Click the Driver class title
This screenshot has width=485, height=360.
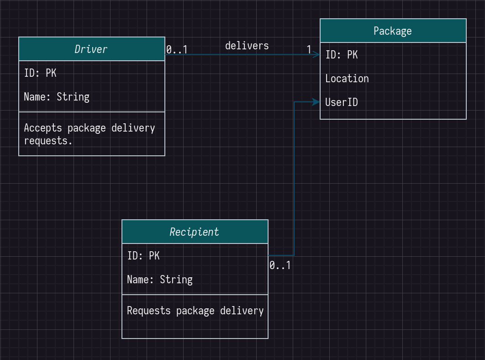point(91,49)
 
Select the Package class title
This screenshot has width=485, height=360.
point(392,31)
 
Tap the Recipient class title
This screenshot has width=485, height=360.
point(194,232)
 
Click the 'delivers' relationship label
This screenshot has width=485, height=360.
point(247,46)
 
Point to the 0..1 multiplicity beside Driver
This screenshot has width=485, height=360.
point(177,49)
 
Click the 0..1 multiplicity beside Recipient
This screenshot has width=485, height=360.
point(280,265)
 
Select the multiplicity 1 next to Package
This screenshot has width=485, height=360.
point(309,49)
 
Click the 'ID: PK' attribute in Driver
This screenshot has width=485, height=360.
point(40,73)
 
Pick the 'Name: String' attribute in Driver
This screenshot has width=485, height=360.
point(57,97)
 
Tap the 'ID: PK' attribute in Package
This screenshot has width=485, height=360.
point(342,55)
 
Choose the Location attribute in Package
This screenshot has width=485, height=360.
point(347,79)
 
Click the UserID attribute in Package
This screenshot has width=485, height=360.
point(342,102)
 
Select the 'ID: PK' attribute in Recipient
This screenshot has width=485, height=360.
point(143,256)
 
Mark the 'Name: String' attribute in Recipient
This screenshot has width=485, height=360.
point(160,280)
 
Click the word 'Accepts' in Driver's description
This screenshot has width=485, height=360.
point(43,128)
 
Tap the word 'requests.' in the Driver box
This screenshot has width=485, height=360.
point(48,141)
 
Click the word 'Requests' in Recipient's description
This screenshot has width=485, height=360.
point(149,311)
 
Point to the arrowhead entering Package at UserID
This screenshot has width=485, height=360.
point(316,102)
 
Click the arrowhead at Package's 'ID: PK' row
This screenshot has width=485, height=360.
point(316,55)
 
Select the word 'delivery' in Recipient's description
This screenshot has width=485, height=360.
point(242,311)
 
